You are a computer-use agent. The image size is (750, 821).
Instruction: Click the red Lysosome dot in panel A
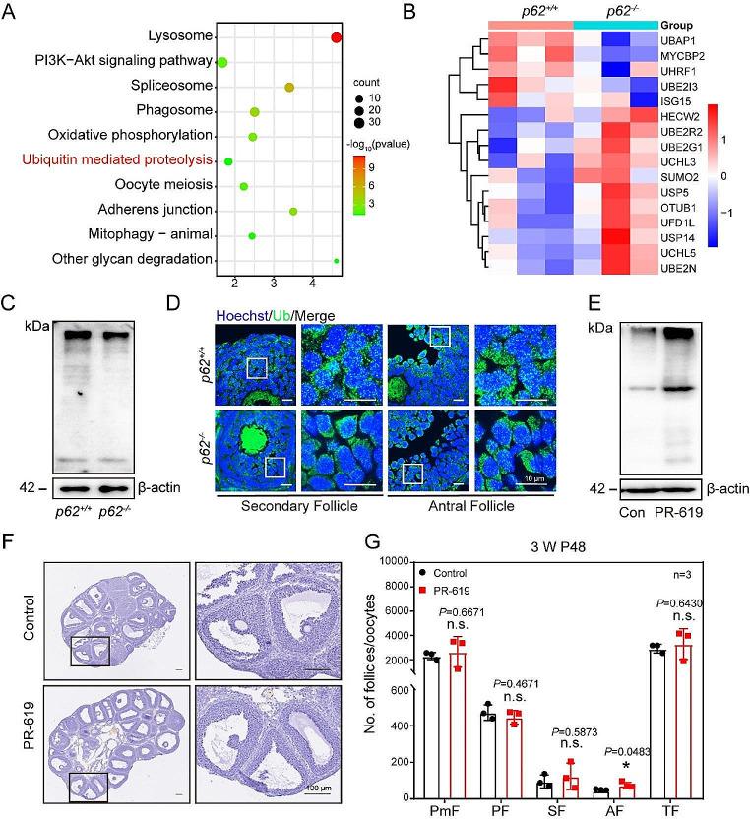tap(337, 37)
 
